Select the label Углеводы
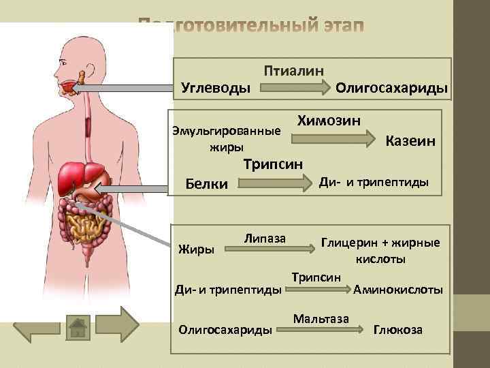coord(215,88)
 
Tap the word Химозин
coord(329,121)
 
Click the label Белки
coord(207,184)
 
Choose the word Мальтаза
coord(321,318)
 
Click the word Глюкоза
coord(398,330)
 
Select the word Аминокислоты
coord(398,289)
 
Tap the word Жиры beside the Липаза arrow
coord(195,249)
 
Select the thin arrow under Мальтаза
coord(321,330)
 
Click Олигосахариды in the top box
coord(392,88)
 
